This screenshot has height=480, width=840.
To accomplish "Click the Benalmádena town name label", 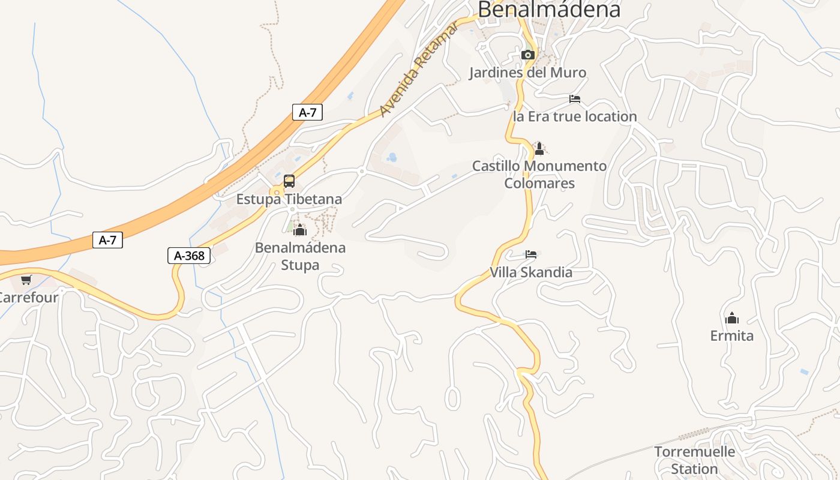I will pos(548,9).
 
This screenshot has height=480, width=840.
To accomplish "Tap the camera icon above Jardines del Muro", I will pos(528,55).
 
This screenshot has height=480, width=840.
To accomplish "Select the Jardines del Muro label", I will pos(527,73).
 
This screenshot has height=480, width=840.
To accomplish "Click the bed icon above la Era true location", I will pos(575,99).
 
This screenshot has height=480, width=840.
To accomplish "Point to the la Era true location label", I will pos(575,116).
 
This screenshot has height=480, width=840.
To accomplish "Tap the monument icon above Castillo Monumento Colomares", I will pos(539,149).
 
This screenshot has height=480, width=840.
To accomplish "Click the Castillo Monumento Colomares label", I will pos(539,174).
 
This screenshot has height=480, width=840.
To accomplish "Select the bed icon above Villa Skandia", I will pos(531,254).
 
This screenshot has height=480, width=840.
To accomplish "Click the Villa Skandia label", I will pos(531,272).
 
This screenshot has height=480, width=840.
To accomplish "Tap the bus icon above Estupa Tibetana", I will pos(289,181).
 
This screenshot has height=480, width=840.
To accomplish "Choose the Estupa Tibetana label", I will pos(289,199).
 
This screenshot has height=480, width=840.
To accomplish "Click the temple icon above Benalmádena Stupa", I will pos(300,230).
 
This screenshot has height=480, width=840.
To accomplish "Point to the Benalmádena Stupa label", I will pos(300,256).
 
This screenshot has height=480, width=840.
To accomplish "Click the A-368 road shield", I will pos(189,256).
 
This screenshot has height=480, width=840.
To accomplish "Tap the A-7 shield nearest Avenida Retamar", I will pos(307,112).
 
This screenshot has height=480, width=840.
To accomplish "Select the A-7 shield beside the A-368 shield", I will pos(107,241).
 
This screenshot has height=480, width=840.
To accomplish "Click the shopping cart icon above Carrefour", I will pos(26,280).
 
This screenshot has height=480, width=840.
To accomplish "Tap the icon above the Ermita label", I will pos(732,318).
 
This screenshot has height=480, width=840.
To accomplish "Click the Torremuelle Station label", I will pos(694,460).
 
